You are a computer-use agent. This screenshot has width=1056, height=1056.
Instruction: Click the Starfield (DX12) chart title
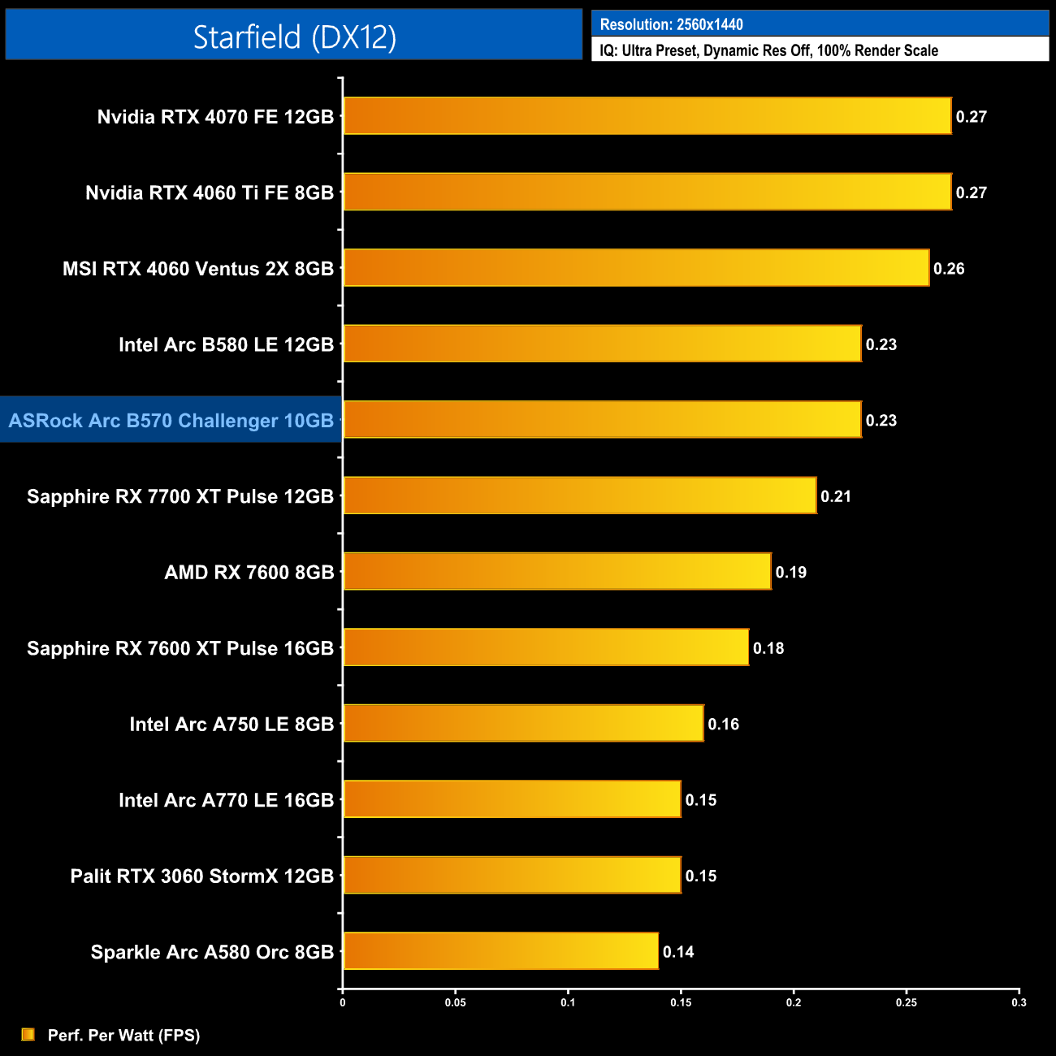point(294,37)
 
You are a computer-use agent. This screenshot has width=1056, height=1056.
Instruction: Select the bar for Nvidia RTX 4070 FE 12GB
point(647,116)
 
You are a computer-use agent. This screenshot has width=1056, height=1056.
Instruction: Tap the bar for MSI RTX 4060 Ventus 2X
point(636,268)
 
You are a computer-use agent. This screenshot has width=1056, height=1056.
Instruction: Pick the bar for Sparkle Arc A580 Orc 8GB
point(500,951)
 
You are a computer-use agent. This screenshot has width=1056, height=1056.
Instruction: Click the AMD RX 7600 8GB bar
point(557,572)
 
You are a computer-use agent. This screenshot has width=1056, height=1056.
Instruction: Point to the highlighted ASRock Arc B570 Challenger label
point(171,420)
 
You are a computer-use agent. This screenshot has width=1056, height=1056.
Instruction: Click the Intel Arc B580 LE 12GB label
point(226,344)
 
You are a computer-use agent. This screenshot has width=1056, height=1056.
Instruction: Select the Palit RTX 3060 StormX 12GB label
point(201,876)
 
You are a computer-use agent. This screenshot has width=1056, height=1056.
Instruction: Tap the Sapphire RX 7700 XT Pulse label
point(180,496)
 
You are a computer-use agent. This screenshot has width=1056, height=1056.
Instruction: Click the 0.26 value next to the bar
point(949,269)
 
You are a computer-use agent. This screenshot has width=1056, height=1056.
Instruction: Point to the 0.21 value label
point(836,496)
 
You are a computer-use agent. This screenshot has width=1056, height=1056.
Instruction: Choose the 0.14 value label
point(678,952)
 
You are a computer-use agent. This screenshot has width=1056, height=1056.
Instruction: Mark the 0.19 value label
point(790,573)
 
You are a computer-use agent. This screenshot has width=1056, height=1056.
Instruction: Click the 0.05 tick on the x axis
point(455,1002)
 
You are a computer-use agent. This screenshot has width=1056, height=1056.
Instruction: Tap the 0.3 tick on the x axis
point(1019,1002)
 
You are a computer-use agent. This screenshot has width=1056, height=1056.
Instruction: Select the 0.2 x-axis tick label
point(793,1002)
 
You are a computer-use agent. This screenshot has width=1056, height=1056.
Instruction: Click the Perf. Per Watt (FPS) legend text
point(123,1035)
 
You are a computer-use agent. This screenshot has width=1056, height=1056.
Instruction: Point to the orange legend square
point(28,1034)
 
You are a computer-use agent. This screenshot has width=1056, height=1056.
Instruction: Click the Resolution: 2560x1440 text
point(671,24)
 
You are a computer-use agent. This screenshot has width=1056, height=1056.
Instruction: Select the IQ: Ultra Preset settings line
point(768,50)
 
